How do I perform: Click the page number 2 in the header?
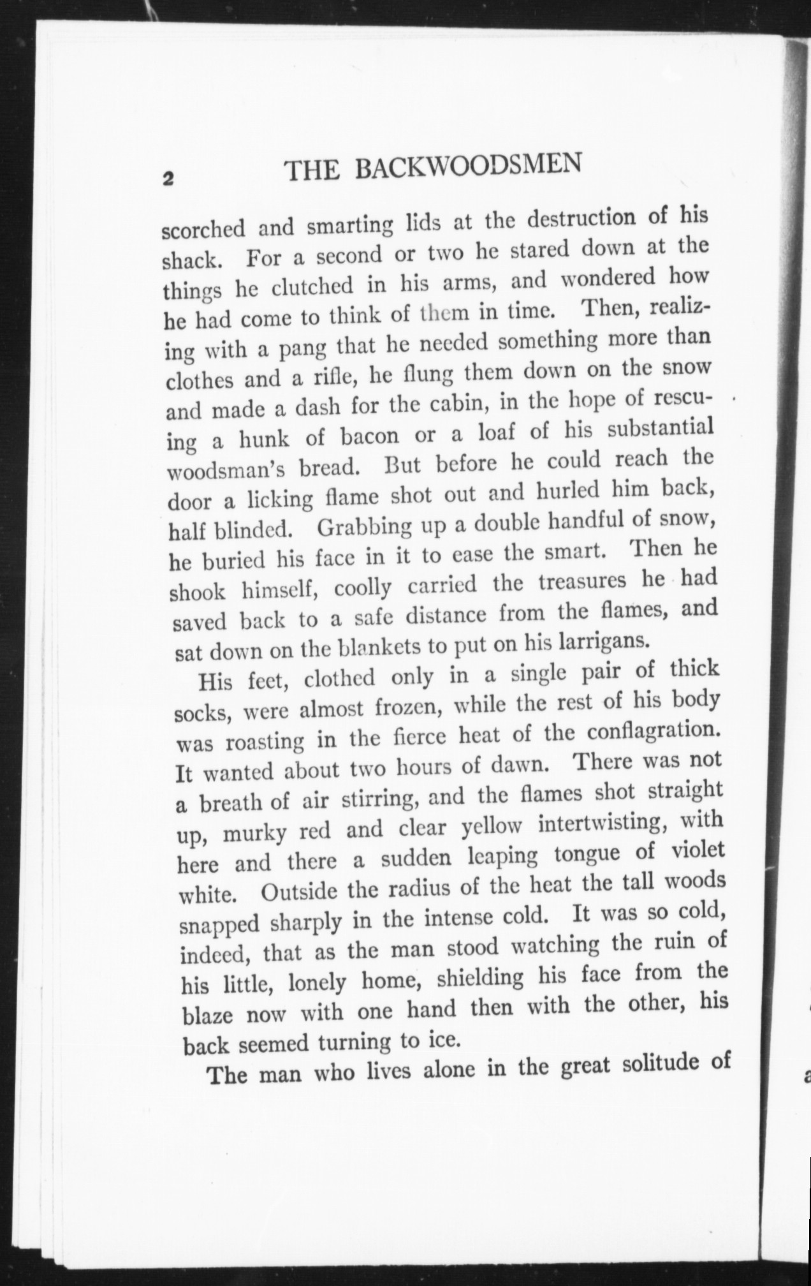[x=168, y=179]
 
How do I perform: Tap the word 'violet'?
[x=697, y=851]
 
